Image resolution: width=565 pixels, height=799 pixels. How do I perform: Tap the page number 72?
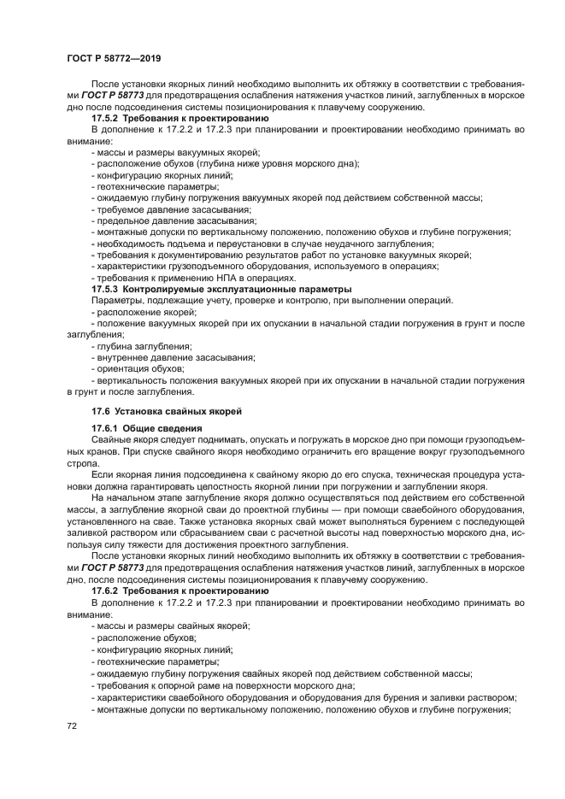click(x=72, y=725)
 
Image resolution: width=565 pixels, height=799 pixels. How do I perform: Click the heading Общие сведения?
click(x=162, y=427)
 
